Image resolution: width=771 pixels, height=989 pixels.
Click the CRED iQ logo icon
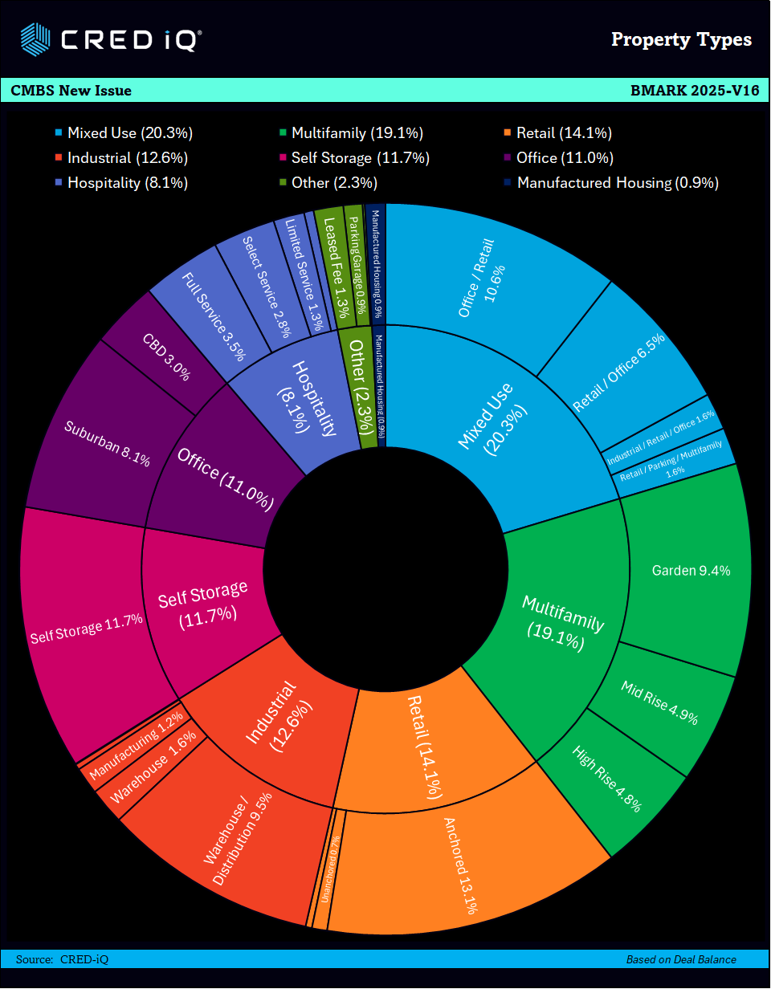pyautogui.click(x=37, y=38)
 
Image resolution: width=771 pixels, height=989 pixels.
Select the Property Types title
pyautogui.click(x=681, y=39)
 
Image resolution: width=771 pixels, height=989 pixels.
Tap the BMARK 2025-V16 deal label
pyautogui.click(x=695, y=90)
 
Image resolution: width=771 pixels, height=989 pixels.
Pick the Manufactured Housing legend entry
pyautogui.click(x=617, y=183)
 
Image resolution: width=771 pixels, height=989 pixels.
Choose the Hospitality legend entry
pyautogui.click(x=127, y=183)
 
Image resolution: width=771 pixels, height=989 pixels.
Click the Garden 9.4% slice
pyautogui.click(x=690, y=571)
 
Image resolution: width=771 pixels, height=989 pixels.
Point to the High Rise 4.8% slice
pyautogui.click(x=607, y=779)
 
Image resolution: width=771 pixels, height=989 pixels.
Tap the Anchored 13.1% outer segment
pyautogui.click(x=462, y=863)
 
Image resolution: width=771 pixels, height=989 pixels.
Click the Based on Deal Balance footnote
pyautogui.click(x=681, y=959)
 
